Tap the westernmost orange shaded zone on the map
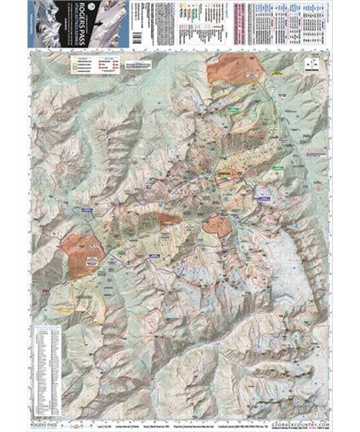pos(81,248)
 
